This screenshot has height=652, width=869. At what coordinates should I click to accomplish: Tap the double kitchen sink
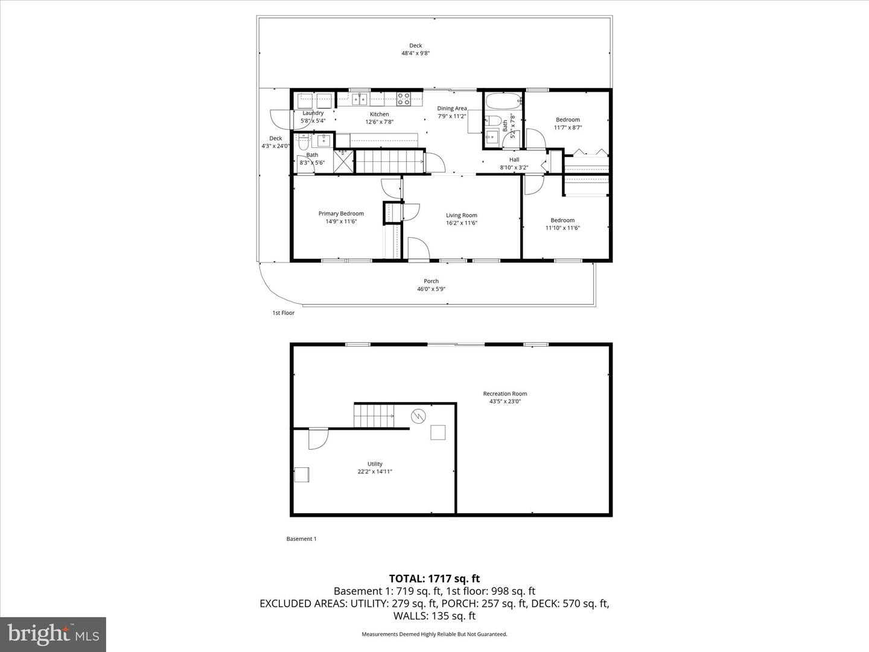tap(361, 99)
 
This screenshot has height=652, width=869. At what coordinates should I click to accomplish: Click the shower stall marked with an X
tap(344, 162)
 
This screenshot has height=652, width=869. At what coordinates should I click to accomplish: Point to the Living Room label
tap(462, 216)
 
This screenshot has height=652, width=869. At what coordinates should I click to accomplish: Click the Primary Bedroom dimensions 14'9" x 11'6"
tap(341, 222)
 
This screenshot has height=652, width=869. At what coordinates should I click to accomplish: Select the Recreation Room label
tap(505, 394)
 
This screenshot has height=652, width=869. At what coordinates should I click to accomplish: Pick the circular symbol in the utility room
tap(418, 415)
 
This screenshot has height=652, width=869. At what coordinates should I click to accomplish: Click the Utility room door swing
tap(317, 439)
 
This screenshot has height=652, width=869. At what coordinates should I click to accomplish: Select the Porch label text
tap(431, 281)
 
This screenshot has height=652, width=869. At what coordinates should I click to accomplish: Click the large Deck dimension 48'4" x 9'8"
tap(416, 53)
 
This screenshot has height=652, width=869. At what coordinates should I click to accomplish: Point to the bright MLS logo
tap(53, 634)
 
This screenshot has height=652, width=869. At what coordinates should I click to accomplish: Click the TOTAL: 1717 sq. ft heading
tap(434, 579)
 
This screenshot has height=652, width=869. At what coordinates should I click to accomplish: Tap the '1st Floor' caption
tap(283, 313)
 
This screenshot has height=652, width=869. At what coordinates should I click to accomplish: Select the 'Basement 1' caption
tap(301, 539)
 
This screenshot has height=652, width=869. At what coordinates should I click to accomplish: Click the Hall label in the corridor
tap(514, 159)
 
